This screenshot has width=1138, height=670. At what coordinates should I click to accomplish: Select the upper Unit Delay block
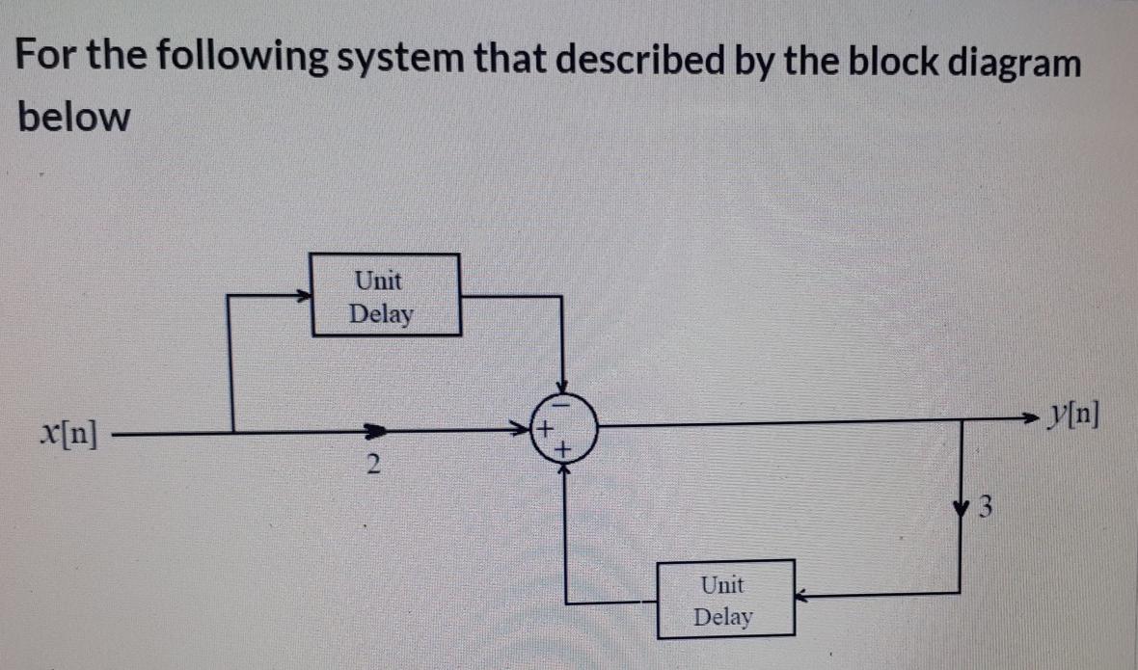385,295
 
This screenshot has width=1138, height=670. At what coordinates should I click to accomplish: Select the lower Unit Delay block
725,599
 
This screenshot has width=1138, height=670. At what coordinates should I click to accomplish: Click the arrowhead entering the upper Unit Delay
303,298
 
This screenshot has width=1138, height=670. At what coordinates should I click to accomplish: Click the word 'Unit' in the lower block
722,584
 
